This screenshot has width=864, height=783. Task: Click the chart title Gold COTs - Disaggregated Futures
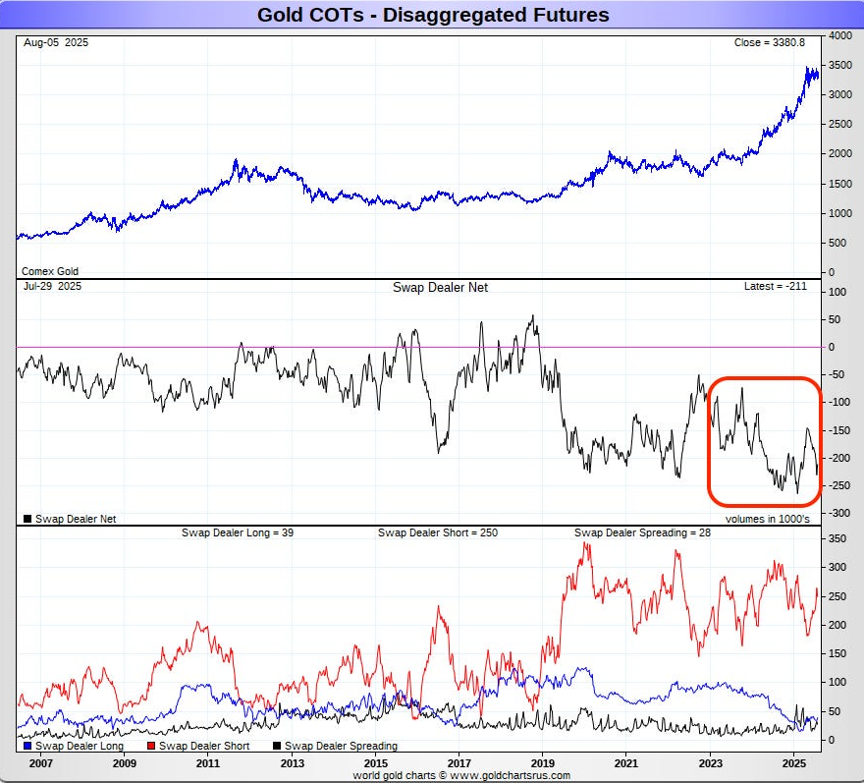(x=432, y=15)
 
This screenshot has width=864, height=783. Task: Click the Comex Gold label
(x=50, y=271)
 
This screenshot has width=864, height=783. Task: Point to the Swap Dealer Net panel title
(x=440, y=287)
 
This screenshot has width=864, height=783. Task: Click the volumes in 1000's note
(x=768, y=519)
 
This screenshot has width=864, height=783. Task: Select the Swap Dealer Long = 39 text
(x=238, y=532)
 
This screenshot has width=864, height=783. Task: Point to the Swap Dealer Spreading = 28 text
(x=642, y=532)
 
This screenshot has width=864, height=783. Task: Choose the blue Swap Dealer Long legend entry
(x=71, y=747)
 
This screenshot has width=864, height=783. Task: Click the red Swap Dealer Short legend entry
(x=198, y=747)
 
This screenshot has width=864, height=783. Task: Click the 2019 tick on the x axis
(x=543, y=762)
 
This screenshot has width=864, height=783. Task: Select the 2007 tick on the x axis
(x=40, y=762)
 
